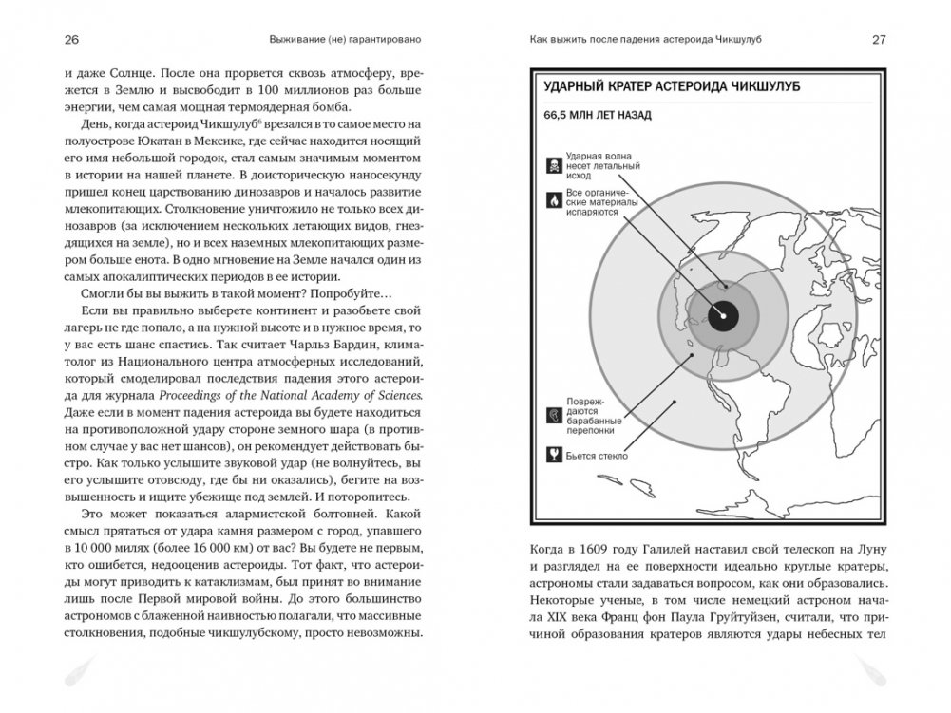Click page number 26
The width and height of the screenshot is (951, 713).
tap(71, 39)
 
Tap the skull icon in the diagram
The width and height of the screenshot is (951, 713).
tap(552, 166)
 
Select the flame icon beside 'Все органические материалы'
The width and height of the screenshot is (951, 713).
tap(552, 202)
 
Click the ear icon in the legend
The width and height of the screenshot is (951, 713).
tap(552, 416)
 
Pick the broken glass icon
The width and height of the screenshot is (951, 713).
tap(552, 453)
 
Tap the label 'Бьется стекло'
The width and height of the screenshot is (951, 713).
tap(596, 454)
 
